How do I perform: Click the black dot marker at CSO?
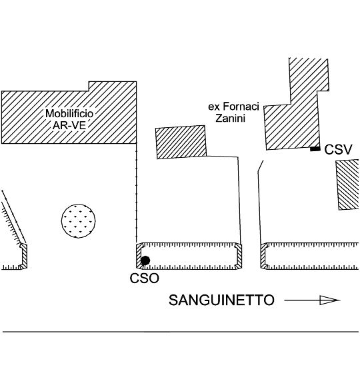[x=145, y=260]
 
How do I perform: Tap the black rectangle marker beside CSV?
[x=315, y=149]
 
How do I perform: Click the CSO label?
[x=144, y=278]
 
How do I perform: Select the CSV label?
[x=338, y=150]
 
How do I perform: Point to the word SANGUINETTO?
[x=221, y=300]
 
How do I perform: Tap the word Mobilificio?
[x=69, y=114]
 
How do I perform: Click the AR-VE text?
[x=69, y=125]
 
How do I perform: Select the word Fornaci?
[x=241, y=107]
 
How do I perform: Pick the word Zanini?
[x=231, y=118]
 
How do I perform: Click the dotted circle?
[x=79, y=220]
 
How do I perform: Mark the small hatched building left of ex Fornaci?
[x=181, y=142]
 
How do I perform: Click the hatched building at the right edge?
[x=347, y=185]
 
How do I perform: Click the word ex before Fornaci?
[x=214, y=107]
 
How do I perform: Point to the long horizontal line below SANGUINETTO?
[x=181, y=332]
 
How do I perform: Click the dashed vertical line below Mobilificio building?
[x=136, y=193]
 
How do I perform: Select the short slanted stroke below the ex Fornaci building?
[x=261, y=165]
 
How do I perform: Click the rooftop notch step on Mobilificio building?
[x=89, y=87]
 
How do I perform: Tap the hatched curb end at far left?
[x=23, y=256]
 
